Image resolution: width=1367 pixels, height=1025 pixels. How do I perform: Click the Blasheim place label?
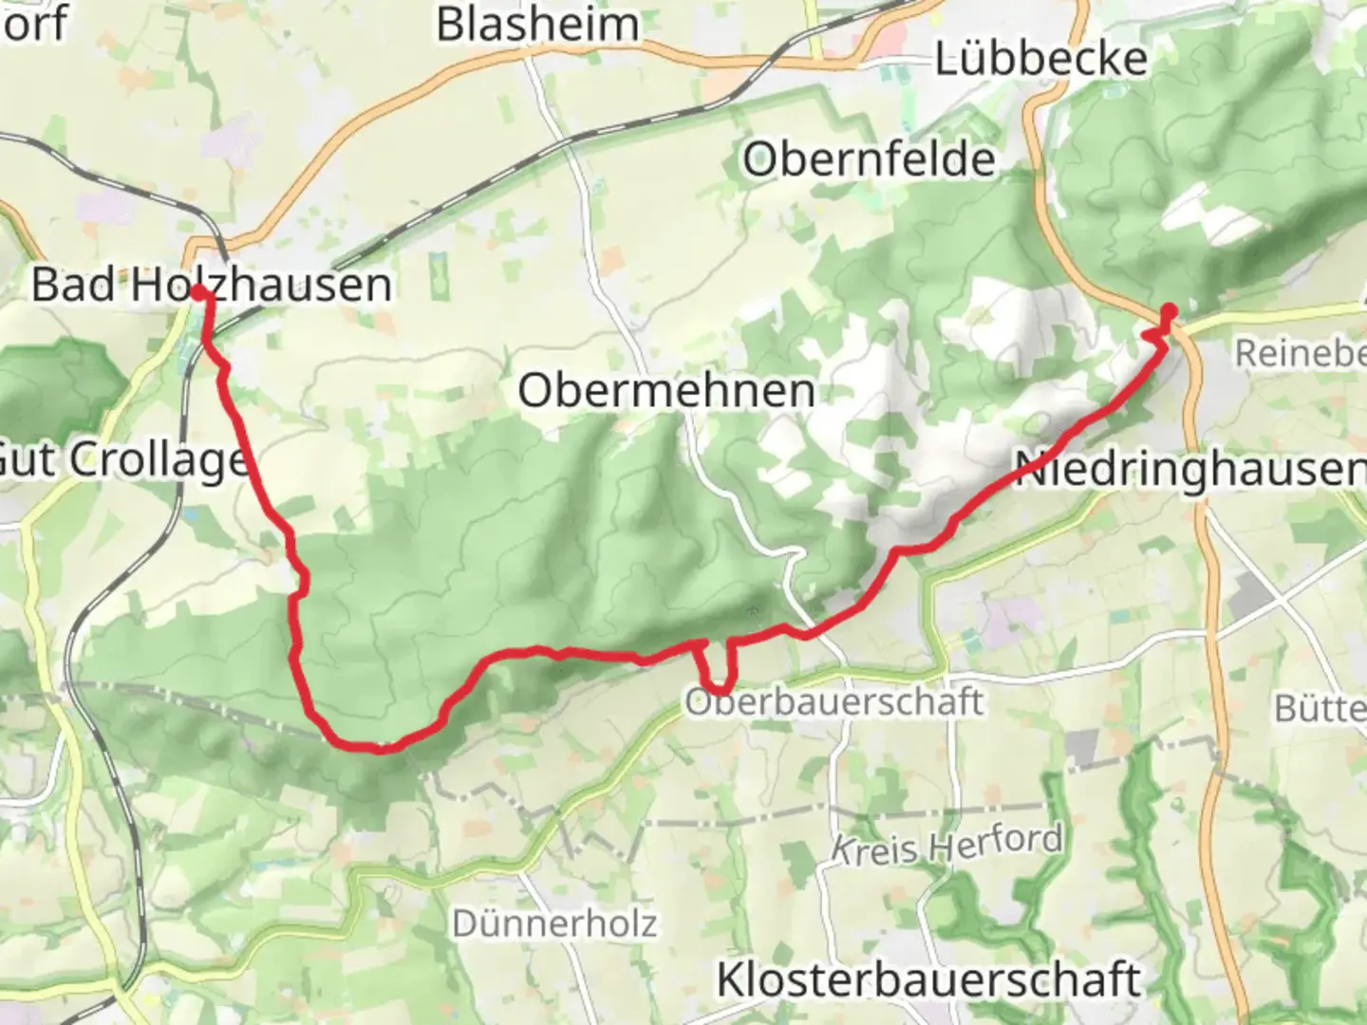(x=537, y=24)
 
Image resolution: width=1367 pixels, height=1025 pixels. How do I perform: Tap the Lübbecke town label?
(x=1041, y=60)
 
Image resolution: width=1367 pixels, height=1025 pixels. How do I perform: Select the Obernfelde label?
(x=869, y=159)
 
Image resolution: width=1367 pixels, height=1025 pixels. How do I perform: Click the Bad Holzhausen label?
(x=211, y=285)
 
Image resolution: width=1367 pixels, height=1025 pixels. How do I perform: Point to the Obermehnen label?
(x=666, y=390)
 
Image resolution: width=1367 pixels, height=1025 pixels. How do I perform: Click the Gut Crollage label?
(x=123, y=461)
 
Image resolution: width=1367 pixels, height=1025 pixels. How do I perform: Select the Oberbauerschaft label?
(x=833, y=702)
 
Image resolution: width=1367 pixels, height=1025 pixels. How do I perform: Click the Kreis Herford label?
(x=946, y=844)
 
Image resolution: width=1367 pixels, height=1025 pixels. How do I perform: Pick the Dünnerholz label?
(x=554, y=922)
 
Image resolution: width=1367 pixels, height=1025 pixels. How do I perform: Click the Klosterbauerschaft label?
(x=927, y=979)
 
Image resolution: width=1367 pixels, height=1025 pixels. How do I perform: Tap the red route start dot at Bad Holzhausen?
(x=198, y=292)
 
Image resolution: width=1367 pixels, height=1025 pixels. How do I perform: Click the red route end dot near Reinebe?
(x=1170, y=310)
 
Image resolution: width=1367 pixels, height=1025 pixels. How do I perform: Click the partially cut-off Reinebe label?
(x=1299, y=353)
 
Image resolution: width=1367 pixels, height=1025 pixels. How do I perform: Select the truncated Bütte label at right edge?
(x=1320, y=708)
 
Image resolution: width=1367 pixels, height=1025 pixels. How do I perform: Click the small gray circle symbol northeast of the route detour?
(x=753, y=613)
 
